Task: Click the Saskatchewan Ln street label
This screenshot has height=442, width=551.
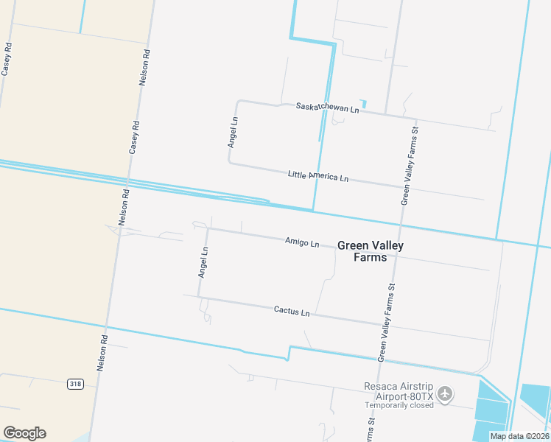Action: pyautogui.click(x=327, y=108)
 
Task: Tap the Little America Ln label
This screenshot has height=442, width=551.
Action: pyautogui.click(x=317, y=176)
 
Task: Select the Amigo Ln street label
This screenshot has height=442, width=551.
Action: pyautogui.click(x=302, y=242)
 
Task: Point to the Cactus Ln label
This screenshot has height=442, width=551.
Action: pyautogui.click(x=292, y=312)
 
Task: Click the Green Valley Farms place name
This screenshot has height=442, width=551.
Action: pyautogui.click(x=370, y=251)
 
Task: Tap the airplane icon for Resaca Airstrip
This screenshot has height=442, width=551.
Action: pyautogui.click(x=444, y=394)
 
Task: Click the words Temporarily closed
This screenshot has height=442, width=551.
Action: pyautogui.click(x=399, y=405)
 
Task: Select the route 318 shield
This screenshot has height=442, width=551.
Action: pyautogui.click(x=74, y=384)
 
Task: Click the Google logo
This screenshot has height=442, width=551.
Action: pyautogui.click(x=24, y=433)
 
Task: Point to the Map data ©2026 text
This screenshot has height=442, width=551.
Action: pyautogui.click(x=519, y=436)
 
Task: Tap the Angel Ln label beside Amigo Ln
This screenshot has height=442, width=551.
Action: pyautogui.click(x=203, y=262)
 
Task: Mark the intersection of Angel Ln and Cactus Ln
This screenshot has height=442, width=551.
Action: pyautogui.click(x=198, y=298)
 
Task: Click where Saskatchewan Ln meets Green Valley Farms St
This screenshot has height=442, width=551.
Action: pyautogui.click(x=416, y=119)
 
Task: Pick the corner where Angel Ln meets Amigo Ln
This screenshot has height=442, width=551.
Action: pyautogui.click(x=208, y=228)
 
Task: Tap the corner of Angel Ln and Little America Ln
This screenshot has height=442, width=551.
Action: pyautogui.click(x=229, y=163)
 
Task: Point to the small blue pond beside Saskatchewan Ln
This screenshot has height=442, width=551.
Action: pyautogui.click(x=363, y=104)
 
